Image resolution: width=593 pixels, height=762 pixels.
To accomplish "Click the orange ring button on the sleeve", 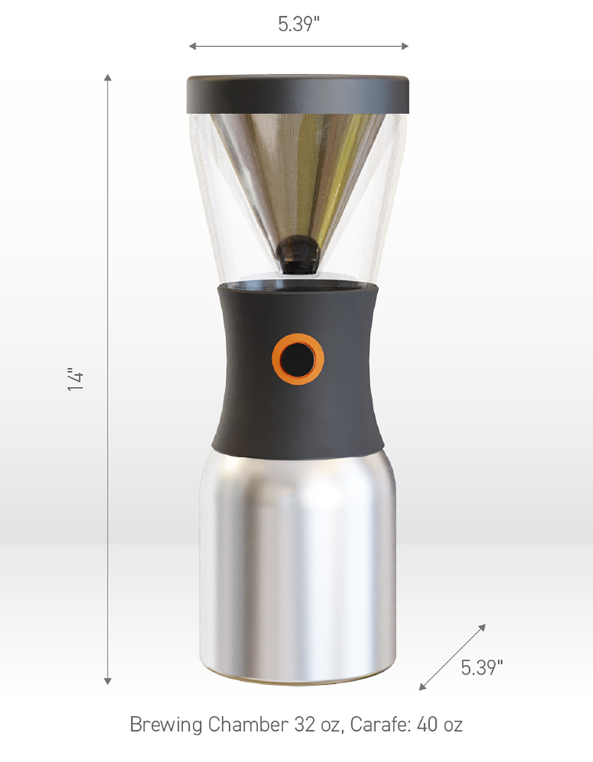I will [275, 360].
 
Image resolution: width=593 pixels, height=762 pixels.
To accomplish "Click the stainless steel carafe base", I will [296, 563].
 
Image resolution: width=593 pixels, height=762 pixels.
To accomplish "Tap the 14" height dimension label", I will [76, 379].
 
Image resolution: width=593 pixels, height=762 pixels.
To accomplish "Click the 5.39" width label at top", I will [299, 24].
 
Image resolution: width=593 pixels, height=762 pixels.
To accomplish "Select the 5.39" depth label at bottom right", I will [482, 667].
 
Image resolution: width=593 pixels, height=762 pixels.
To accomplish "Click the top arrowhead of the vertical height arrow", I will [108, 78].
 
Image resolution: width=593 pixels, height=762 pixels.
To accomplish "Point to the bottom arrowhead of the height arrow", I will [108, 680].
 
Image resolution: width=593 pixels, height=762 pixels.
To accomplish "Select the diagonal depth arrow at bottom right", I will [453, 657].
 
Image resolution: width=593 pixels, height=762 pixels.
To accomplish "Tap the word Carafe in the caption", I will [362, 724].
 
